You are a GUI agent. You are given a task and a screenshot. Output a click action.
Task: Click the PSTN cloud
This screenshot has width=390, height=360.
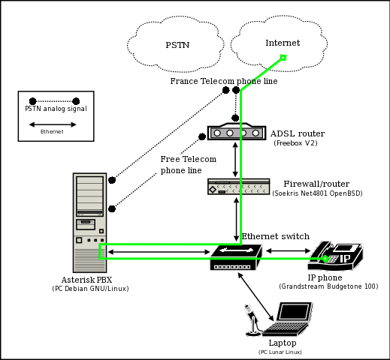click(177, 44)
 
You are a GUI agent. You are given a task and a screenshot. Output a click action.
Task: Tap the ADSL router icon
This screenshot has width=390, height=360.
click(237, 132)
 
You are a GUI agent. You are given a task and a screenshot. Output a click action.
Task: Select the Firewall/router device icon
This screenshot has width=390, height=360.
click(238, 187)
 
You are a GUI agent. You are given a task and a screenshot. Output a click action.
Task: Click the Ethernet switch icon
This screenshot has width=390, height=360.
click(235, 257)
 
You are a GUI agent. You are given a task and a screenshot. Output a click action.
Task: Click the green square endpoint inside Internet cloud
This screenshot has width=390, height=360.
click(283, 57)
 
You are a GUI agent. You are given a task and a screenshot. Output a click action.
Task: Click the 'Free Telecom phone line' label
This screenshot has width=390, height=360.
click(188, 165)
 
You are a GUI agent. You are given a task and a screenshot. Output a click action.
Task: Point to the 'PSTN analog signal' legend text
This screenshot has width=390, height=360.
click(50, 109)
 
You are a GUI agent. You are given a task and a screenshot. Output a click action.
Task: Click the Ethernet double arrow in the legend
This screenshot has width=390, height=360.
click(52, 131)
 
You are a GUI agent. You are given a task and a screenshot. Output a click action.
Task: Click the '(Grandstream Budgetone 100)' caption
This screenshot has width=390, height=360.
click(328, 286)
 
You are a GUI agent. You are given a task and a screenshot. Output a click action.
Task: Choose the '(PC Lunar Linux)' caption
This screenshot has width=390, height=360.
click(280, 352)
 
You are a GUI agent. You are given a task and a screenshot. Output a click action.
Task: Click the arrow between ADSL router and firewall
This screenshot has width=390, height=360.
click(236, 159)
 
